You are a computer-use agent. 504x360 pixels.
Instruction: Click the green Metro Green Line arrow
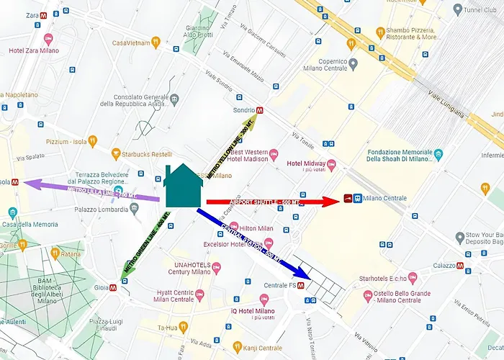click(144, 245)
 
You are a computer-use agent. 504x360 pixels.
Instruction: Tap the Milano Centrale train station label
click(384, 198)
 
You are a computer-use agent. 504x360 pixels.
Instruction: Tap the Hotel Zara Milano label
click(34, 50)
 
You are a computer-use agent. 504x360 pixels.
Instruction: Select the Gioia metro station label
click(99, 286)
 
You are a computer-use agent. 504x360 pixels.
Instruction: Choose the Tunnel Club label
click(481, 9)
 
